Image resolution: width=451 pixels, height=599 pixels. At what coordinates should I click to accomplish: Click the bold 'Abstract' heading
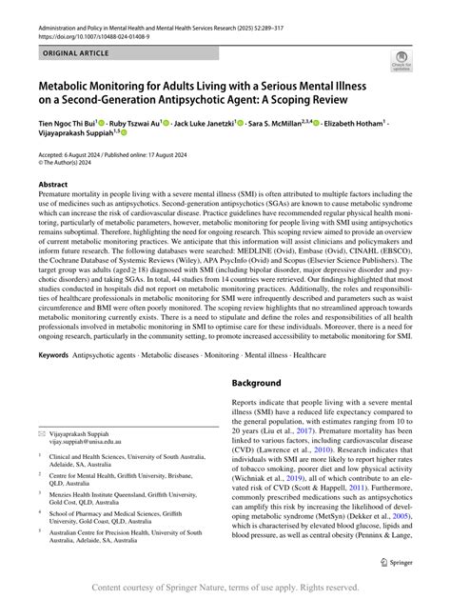click(x=52, y=185)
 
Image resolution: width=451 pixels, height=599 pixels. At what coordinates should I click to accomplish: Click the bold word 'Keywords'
click(x=52, y=329)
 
